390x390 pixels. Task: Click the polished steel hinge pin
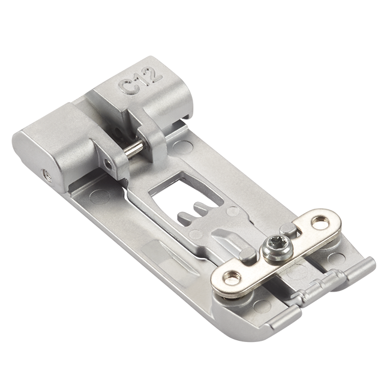pyautogui.click(x=134, y=148)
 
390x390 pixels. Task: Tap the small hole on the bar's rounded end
pyautogui.click(x=46, y=175)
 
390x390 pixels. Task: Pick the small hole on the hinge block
pyautogui.click(x=109, y=164)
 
